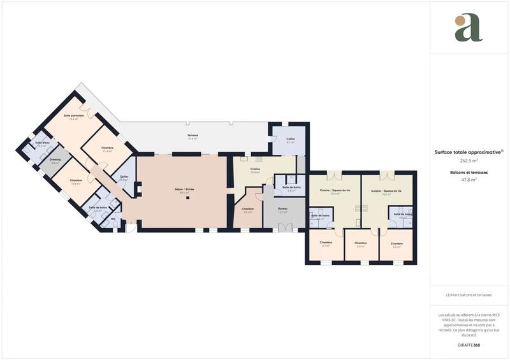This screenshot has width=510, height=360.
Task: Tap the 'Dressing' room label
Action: click(55, 159)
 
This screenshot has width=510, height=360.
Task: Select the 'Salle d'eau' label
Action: click(43, 143)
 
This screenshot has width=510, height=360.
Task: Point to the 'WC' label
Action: click(113, 219)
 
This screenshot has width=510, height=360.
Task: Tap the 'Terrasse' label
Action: click(193, 136)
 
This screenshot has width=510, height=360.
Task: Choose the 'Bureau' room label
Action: click(283, 208)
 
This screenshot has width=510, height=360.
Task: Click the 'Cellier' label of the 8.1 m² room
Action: click(291, 139)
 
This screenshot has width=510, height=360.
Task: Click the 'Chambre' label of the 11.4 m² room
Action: click(107, 148)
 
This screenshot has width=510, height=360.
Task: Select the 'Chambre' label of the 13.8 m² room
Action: click(76, 180)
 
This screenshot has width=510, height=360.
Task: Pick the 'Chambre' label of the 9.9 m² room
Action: click(248, 209)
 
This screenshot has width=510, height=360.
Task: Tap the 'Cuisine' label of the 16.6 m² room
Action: click(255, 169)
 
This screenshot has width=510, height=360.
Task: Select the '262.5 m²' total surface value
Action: click(469, 161)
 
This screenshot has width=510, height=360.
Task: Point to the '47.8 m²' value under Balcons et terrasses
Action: click(469, 180)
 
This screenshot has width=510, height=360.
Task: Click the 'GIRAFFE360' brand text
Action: click(469, 345)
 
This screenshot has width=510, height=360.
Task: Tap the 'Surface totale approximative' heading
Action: click(469, 152)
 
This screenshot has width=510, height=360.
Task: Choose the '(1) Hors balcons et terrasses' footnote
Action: click(469, 295)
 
